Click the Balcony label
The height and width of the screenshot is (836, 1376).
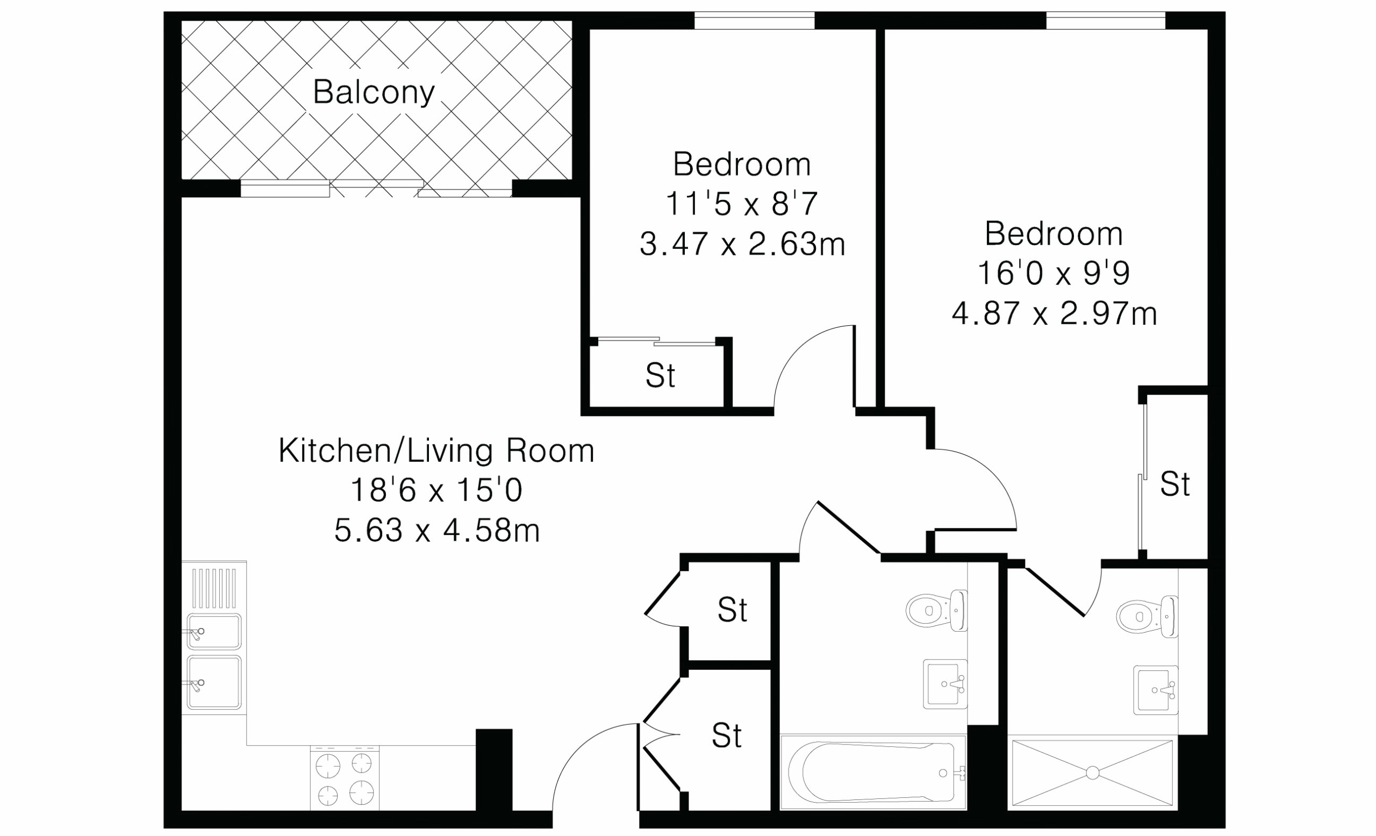tap(374, 92)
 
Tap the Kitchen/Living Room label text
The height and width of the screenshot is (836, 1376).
tap(436, 451)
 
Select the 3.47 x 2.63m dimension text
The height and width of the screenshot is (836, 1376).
tap(742, 244)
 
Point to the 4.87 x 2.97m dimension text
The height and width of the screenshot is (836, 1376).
tap(1055, 313)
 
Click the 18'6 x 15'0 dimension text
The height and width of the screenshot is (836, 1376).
tap(436, 490)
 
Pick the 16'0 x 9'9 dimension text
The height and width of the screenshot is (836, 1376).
tap(1054, 273)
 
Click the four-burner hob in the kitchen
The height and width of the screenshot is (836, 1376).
tap(345, 777)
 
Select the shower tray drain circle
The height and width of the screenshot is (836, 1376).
tap(1093, 773)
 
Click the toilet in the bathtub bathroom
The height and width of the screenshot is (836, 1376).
tap(936, 610)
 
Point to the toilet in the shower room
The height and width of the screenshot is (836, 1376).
tap(1147, 617)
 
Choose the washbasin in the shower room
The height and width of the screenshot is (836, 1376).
tap(1156, 690)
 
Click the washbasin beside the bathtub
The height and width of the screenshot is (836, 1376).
tap(945, 684)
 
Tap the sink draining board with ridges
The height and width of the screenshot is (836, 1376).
tap(214, 588)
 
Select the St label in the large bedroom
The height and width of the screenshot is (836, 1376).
tap(1175, 484)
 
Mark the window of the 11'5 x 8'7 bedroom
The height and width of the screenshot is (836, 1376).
tap(755, 21)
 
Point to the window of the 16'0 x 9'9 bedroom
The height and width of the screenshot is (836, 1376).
tap(1106, 21)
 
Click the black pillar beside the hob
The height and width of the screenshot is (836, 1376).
tap(493, 769)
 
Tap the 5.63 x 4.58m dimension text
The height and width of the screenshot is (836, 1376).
tap(436, 531)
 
